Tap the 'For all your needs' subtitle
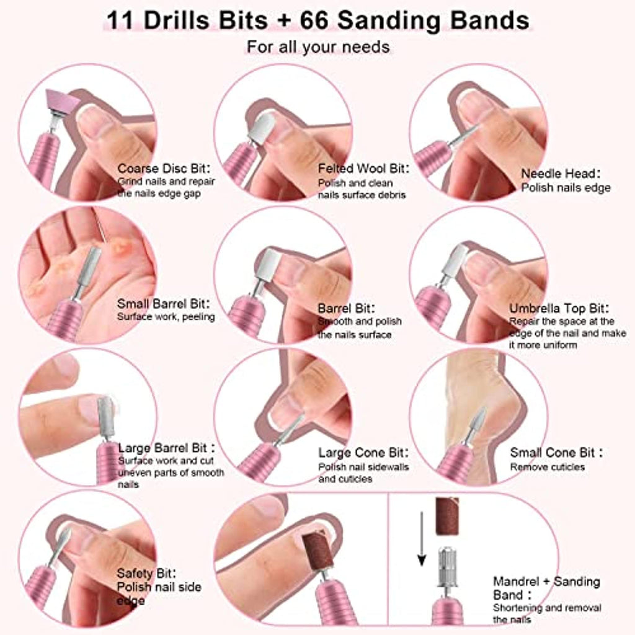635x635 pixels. [x=318, y=47]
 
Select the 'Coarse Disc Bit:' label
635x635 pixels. [x=164, y=168]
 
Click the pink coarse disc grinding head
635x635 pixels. [x=63, y=102]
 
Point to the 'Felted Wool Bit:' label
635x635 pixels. [x=363, y=168]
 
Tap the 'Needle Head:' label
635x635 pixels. [x=561, y=174]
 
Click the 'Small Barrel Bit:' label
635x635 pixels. [x=164, y=303]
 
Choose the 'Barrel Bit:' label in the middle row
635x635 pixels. [x=346, y=308]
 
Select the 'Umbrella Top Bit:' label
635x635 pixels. [x=559, y=308]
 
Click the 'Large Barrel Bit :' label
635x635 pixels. [x=166, y=448]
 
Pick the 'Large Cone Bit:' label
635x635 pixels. [x=363, y=452]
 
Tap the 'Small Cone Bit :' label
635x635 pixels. [x=556, y=452]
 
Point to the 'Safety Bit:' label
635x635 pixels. [x=146, y=573]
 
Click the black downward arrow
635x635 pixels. [x=422, y=539]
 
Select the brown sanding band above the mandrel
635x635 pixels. [x=447, y=515]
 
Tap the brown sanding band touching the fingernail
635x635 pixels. [x=318, y=551]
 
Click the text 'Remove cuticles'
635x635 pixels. [x=548, y=467]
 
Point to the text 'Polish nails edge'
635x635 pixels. [x=566, y=188]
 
